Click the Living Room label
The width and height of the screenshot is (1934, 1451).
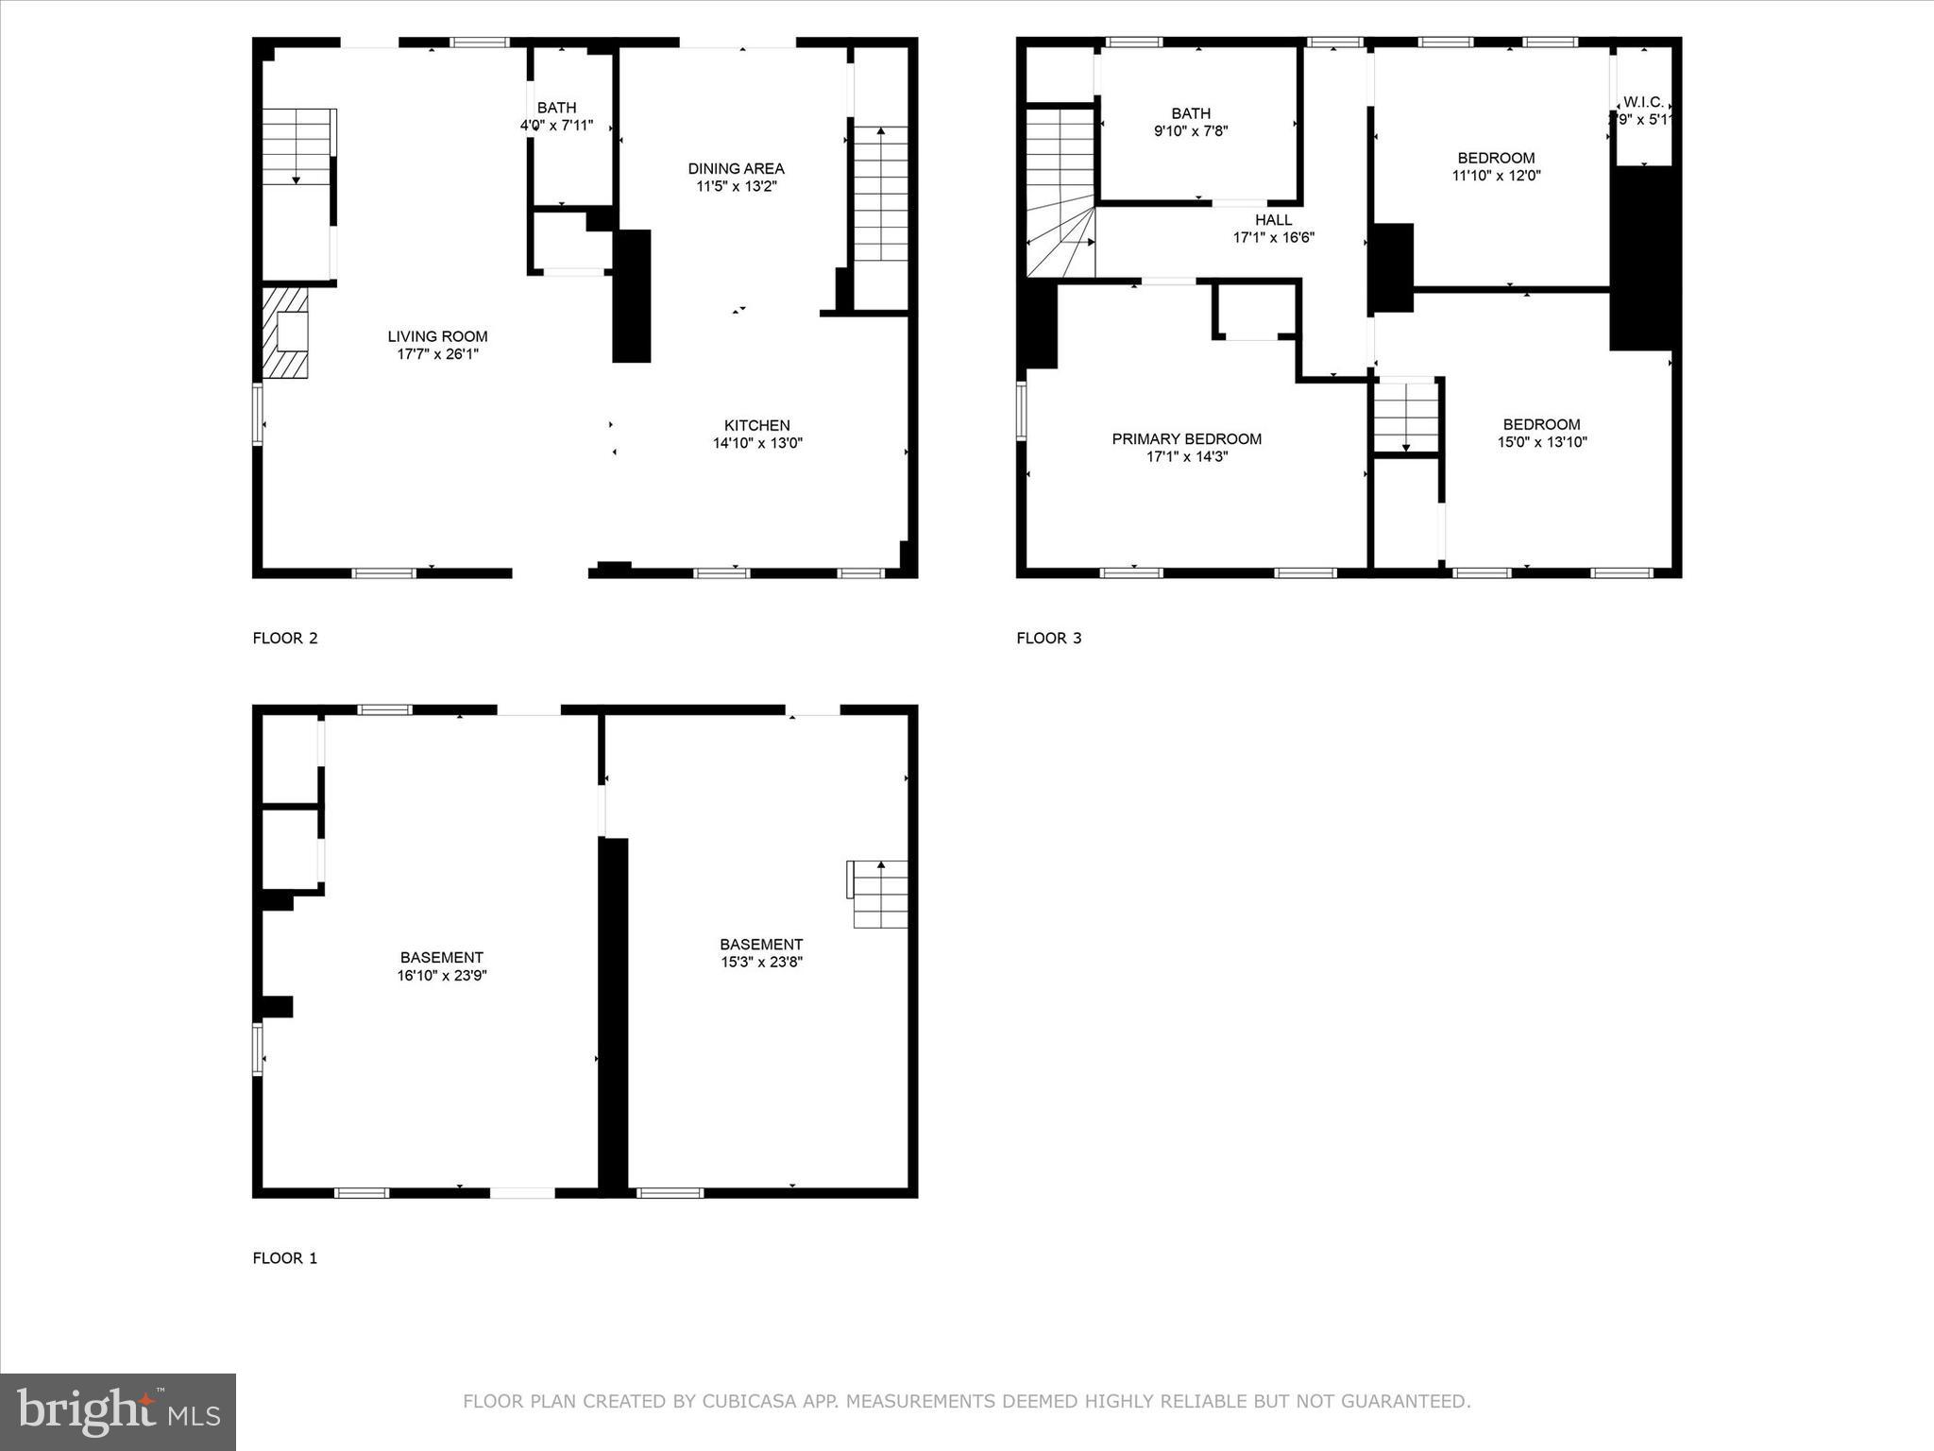pyautogui.click(x=437, y=336)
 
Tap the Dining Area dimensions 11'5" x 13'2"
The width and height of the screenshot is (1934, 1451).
pyautogui.click(x=736, y=187)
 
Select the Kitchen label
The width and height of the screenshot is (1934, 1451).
pyautogui.click(x=756, y=425)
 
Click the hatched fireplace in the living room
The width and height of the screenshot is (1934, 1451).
pyautogui.click(x=285, y=333)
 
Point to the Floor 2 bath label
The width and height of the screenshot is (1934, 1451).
pyautogui.click(x=556, y=108)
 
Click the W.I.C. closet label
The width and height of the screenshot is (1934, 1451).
pyautogui.click(x=1643, y=102)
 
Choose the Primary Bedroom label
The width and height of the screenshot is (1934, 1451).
pyautogui.click(x=1186, y=439)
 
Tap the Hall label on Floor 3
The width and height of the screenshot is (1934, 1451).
pyautogui.click(x=1273, y=220)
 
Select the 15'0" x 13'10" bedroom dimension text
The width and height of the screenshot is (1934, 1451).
pyautogui.click(x=1541, y=442)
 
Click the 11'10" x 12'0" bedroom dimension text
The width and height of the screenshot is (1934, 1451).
pyautogui.click(x=1496, y=176)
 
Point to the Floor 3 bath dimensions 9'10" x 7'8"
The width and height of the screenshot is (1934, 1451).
pyautogui.click(x=1191, y=131)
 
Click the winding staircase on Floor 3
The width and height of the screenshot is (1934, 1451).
pyautogui.click(x=1060, y=194)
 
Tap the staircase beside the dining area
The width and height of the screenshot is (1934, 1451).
pyautogui.click(x=880, y=194)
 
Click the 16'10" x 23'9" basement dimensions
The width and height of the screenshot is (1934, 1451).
pyautogui.click(x=441, y=976)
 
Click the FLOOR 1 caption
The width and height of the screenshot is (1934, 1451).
pyautogui.click(x=284, y=1258)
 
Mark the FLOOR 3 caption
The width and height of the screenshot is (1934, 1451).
pyautogui.click(x=1048, y=639)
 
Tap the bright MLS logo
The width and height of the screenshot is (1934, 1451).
pyautogui.click(x=118, y=1411)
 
